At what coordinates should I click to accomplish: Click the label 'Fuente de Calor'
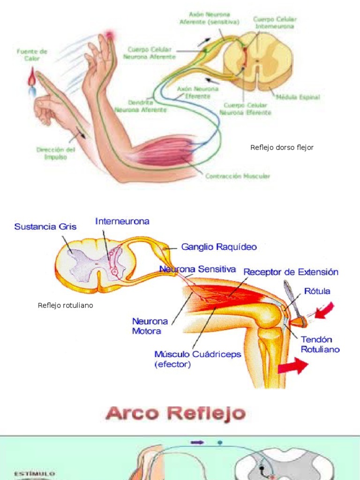point(32,55)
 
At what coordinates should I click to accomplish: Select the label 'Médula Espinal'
point(298,97)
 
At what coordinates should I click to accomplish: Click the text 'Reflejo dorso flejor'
point(282,148)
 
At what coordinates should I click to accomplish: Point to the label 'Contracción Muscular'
point(237,176)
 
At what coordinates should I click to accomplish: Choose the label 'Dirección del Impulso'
point(55,153)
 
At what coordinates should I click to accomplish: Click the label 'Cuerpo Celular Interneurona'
point(274,23)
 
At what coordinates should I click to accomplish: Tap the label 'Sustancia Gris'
point(45,226)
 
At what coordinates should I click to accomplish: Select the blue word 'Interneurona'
point(122,221)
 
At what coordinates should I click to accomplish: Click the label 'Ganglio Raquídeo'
point(218,247)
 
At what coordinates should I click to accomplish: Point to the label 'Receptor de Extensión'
point(291,272)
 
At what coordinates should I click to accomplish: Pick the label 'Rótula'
point(317,291)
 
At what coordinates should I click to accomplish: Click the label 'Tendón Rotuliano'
point(320,344)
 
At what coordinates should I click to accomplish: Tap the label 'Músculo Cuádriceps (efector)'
point(197,359)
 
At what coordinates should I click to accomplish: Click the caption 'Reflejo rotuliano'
point(65,306)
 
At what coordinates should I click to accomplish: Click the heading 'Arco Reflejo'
point(175,413)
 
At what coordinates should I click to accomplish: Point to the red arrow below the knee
point(293,366)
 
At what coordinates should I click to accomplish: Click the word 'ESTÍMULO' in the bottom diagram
point(34,474)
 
